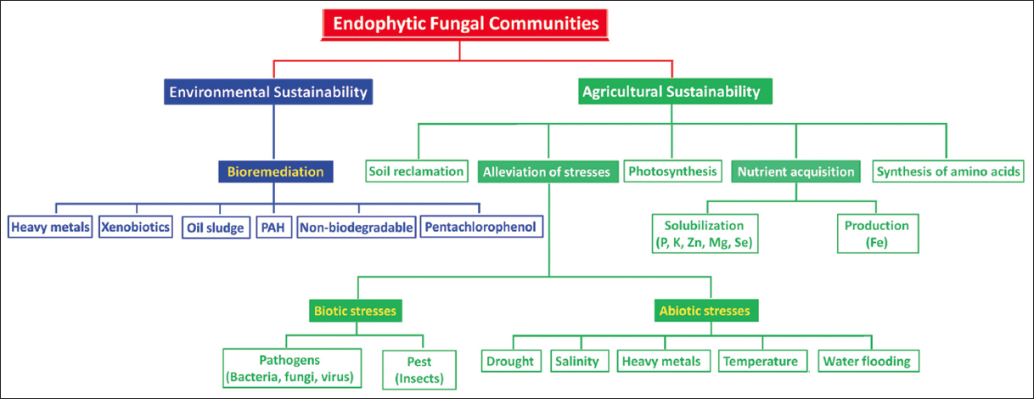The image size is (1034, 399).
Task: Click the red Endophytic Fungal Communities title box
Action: tap(465, 24)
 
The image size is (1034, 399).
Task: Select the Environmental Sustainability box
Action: tap(268, 92)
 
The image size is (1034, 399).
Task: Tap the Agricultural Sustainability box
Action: tap(675, 92)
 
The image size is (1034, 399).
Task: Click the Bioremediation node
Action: tap(276, 171)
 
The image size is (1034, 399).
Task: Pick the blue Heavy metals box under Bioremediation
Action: tap(50, 227)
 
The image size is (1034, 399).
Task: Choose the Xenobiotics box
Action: tap(136, 227)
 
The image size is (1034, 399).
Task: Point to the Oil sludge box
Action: tap(216, 228)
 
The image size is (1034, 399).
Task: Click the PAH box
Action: tap(273, 228)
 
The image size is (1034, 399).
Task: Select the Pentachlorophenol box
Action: tap(481, 227)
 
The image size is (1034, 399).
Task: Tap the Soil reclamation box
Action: tap(416, 171)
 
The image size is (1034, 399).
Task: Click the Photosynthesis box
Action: tap(672, 171)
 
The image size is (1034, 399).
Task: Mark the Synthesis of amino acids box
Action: tap(948, 171)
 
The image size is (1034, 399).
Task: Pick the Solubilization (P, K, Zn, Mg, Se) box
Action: tap(705, 233)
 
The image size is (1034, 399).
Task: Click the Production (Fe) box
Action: tap(878, 233)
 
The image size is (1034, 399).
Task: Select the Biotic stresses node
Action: tap(356, 311)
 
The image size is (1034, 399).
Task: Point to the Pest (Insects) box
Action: tap(419, 370)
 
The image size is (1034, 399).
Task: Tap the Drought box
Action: tap(511, 361)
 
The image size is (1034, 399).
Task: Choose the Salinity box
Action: tap(579, 361)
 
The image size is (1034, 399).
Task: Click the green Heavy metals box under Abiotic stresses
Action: tap(663, 361)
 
